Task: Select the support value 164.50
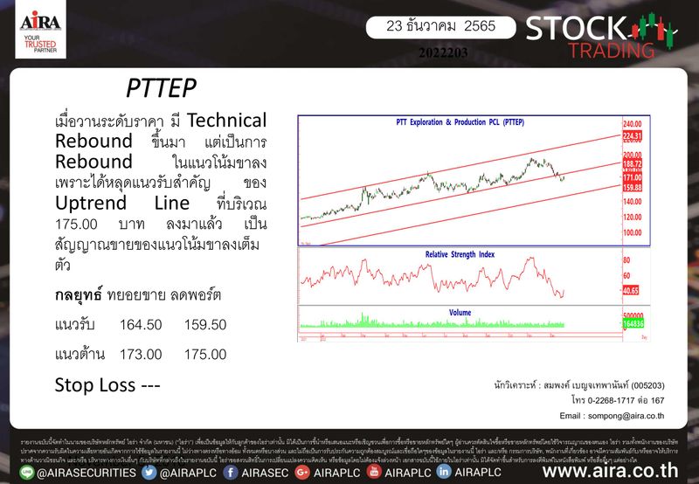tap(141, 324)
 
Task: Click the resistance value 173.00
tap(141, 354)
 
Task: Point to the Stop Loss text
tap(106, 384)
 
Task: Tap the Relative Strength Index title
tap(460, 254)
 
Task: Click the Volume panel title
tap(460, 311)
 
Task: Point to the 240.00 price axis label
tap(633, 125)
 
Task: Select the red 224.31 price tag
tap(633, 136)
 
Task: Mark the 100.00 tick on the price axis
tap(633, 233)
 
